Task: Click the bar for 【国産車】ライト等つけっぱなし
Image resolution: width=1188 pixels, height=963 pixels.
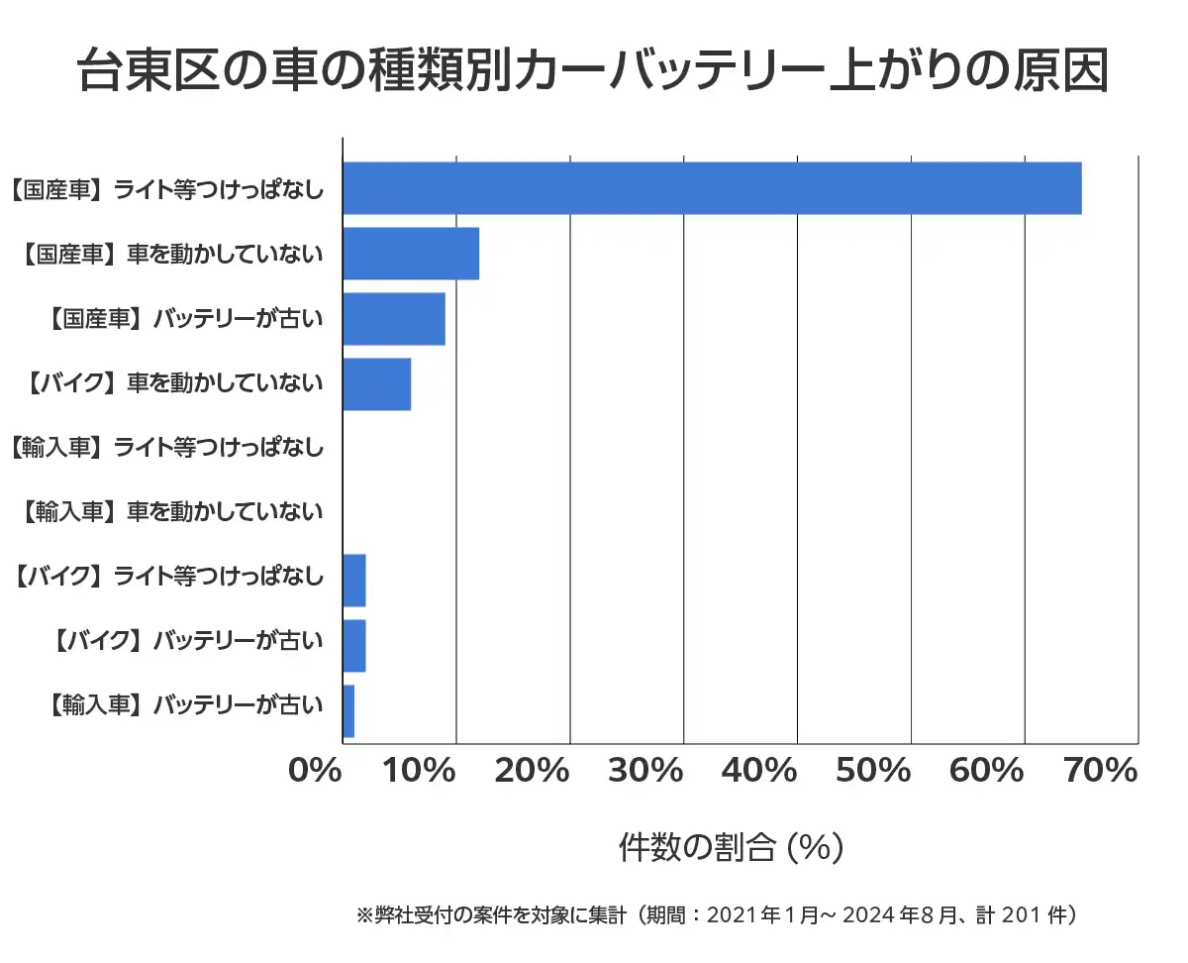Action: coord(711,188)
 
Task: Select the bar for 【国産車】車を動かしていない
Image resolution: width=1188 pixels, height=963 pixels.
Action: coord(411,254)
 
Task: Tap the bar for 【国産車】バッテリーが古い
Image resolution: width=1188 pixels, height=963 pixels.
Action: coord(393,319)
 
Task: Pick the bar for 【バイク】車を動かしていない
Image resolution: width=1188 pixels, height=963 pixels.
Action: coord(376,384)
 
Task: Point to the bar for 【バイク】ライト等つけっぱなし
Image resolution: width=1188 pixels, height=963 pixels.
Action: coord(354,581)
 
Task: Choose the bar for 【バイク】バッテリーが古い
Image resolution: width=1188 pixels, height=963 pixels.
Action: coord(354,646)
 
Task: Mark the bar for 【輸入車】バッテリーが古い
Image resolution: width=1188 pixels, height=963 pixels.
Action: coord(348,711)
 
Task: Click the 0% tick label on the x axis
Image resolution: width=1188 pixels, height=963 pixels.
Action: coord(315,770)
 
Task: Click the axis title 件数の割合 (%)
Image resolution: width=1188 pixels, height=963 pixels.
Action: coord(731,847)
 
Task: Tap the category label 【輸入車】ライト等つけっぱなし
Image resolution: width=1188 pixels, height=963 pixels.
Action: coord(166,448)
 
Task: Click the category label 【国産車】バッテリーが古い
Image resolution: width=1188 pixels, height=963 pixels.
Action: coord(185,319)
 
